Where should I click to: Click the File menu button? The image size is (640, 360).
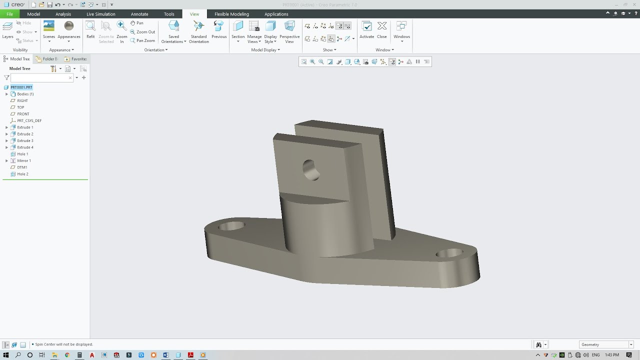tap(9, 14)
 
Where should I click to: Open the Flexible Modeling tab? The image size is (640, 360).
tap(231, 14)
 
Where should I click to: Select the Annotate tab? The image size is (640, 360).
tap(139, 14)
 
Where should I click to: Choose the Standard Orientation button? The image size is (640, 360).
tap(198, 31)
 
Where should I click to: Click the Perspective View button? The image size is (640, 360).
tap(289, 31)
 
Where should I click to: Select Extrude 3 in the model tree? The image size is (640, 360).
tap(25, 140)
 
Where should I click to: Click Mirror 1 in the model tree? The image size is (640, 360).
tap(23, 160)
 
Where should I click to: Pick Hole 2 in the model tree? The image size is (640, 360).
tap(22, 174)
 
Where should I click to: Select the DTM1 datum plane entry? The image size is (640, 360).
tap(22, 167)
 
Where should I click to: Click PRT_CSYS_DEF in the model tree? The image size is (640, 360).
tap(29, 120)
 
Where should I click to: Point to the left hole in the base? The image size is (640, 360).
tap(231, 226)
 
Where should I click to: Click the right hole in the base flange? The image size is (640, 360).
tap(449, 253)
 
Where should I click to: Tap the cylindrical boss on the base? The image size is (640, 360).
tap(325, 227)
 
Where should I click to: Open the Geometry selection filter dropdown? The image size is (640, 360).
tap(606, 344)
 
